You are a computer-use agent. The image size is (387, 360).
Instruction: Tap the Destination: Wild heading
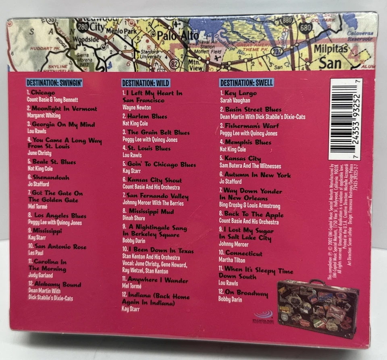coord(146,83)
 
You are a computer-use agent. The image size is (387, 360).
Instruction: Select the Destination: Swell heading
coord(246,83)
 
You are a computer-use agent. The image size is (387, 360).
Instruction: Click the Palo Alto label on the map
coord(178,36)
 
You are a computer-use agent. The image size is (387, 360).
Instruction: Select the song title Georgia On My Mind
coord(63,124)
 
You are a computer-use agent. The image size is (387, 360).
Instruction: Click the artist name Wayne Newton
coord(137,108)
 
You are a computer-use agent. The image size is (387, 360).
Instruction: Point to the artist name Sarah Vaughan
coord(235,100)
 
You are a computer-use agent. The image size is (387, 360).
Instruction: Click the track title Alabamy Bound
coord(57,285)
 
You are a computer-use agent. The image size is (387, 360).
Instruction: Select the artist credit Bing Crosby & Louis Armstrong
coord(250,206)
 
